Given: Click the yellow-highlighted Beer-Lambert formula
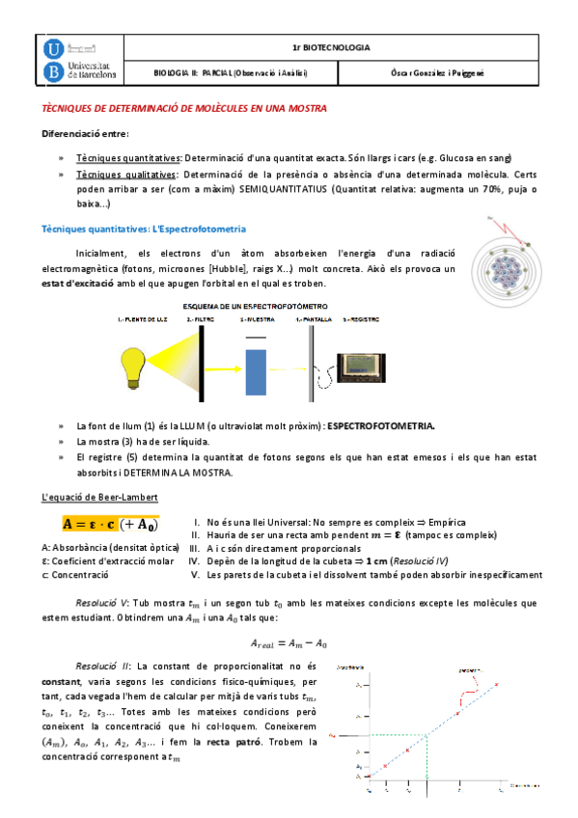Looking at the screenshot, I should pyautogui.click(x=110, y=525).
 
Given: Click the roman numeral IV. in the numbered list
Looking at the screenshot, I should pyautogui.click(x=193, y=560).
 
